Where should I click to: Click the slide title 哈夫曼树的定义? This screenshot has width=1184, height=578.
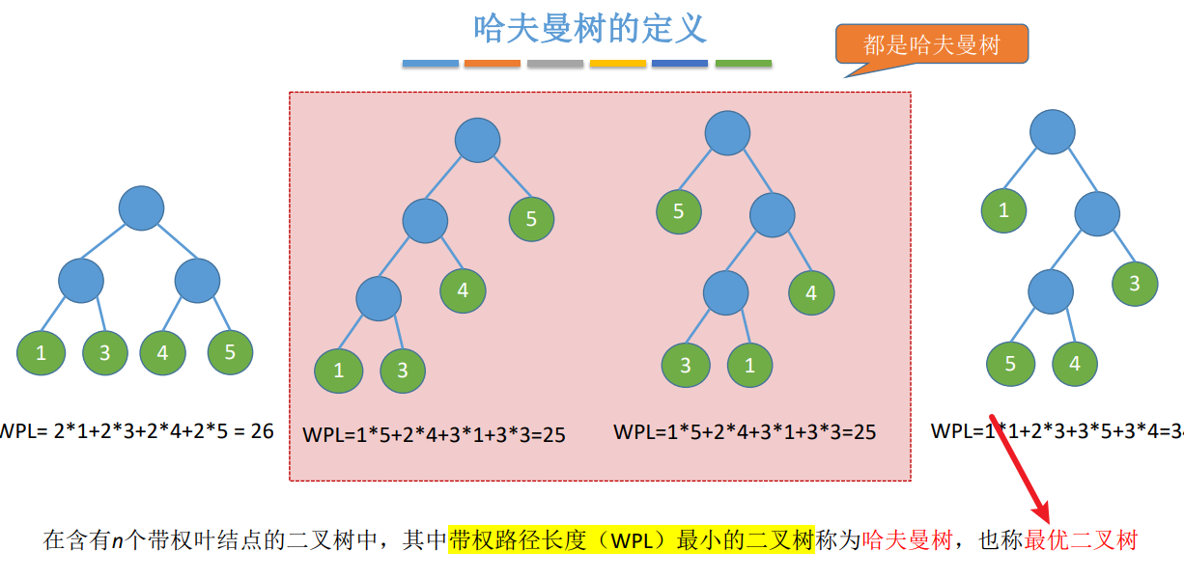click(590, 28)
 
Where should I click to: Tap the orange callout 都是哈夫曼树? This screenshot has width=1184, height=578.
click(931, 44)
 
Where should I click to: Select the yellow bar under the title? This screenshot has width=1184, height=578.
click(618, 64)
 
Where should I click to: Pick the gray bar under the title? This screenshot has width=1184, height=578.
click(555, 64)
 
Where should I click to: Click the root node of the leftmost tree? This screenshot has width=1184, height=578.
click(142, 207)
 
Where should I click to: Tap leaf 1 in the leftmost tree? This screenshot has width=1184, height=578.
click(41, 353)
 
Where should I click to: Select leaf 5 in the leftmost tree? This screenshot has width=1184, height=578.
click(230, 352)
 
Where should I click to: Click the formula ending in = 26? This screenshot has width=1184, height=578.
click(136, 430)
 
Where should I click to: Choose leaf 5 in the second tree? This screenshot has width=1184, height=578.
click(531, 219)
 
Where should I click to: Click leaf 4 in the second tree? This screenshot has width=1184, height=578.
click(463, 290)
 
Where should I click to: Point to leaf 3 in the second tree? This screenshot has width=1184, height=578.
click(403, 371)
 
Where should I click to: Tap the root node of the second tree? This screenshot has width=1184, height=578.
click(477, 141)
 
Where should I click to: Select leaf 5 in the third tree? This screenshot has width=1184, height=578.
click(679, 212)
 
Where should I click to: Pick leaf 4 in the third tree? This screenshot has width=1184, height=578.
click(811, 293)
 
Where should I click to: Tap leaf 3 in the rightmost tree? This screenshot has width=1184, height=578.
click(1135, 284)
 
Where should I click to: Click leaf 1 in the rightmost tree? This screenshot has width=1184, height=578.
click(1004, 211)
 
